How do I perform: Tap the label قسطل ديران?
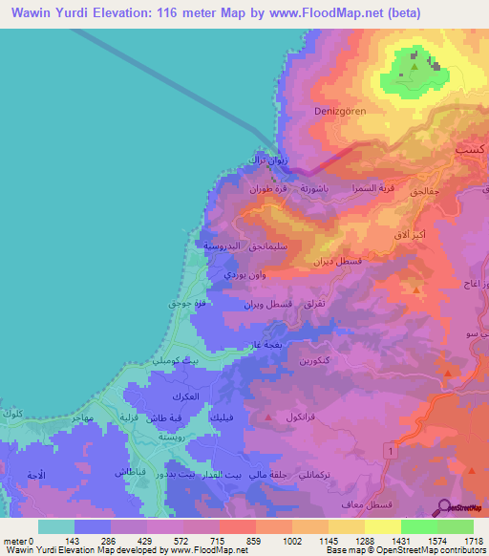pos(338,260)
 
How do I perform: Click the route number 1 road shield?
pos(391,448)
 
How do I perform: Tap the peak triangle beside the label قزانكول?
pos(269,417)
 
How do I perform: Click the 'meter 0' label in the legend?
pos(19,541)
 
